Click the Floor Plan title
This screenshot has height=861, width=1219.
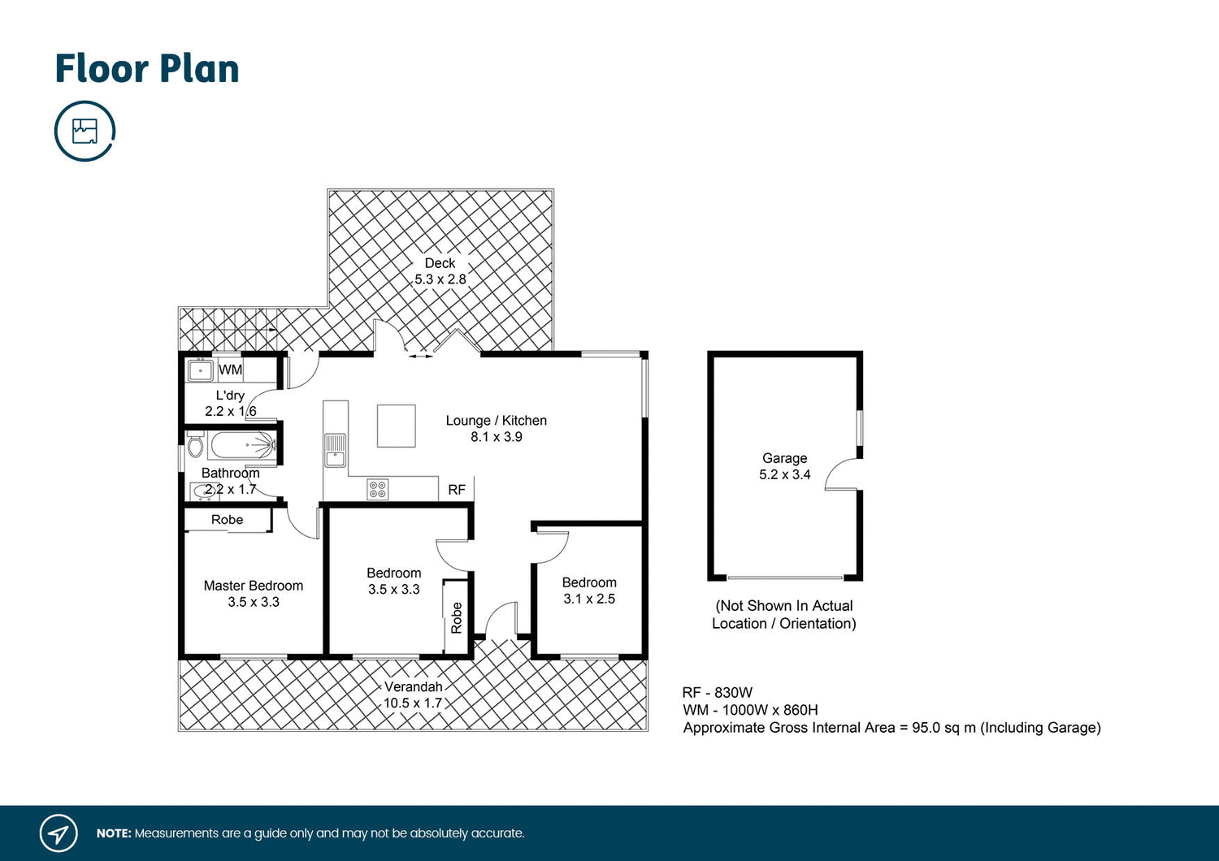pyautogui.click(x=147, y=69)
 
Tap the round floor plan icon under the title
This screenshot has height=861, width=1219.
pyautogui.click(x=85, y=131)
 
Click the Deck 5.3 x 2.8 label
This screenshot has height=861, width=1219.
pyautogui.click(x=440, y=271)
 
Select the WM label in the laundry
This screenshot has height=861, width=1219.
pyautogui.click(x=230, y=370)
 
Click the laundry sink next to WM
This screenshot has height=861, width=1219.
pyautogui.click(x=200, y=370)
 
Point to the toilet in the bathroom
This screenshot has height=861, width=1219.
pyautogui.click(x=195, y=446)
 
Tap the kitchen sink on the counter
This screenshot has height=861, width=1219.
pyautogui.click(x=335, y=450)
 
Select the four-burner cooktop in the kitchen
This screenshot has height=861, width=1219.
pyautogui.click(x=377, y=489)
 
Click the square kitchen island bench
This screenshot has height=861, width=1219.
pyautogui.click(x=396, y=426)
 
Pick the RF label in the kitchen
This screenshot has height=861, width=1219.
pyautogui.click(x=457, y=490)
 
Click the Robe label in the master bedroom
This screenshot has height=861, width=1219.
pyautogui.click(x=227, y=520)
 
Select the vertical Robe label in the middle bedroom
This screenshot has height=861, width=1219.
pyautogui.click(x=457, y=617)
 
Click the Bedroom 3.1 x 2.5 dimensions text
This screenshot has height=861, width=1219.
pyautogui.click(x=589, y=599)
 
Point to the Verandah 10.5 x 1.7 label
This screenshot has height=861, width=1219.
pyautogui.click(x=413, y=695)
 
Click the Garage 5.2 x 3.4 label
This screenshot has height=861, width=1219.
pyautogui.click(x=784, y=466)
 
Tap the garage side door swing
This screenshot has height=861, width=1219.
pyautogui.click(x=843, y=474)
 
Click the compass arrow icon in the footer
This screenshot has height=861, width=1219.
pyautogui.click(x=59, y=833)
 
